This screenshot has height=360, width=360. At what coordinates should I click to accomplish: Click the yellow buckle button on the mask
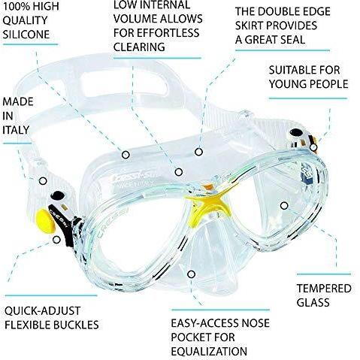(46, 221)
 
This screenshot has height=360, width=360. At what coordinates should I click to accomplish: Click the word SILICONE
(26, 35)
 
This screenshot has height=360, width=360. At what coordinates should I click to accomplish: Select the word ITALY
(16, 130)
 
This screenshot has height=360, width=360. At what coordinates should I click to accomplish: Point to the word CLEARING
(139, 47)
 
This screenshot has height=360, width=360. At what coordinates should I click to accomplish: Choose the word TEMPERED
(324, 289)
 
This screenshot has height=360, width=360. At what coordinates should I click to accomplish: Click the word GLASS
(313, 302)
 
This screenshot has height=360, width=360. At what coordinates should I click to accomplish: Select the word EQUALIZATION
(209, 352)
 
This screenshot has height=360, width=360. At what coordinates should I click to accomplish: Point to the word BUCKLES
(77, 325)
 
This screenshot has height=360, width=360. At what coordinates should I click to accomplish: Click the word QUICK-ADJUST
(42, 311)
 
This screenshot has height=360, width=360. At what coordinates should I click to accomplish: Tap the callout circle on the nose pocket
(192, 274)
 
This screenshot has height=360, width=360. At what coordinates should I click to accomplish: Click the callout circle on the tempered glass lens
(284, 206)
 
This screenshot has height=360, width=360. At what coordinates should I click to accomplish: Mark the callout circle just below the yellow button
(57, 240)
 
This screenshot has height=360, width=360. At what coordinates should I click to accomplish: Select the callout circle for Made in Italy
(43, 181)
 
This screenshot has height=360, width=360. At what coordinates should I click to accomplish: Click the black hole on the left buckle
(58, 195)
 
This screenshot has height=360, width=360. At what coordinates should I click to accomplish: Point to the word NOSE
(256, 323)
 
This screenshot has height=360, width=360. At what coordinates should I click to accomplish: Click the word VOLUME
(135, 19)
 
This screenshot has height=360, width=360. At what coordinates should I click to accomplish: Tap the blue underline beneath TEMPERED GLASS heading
(324, 274)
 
